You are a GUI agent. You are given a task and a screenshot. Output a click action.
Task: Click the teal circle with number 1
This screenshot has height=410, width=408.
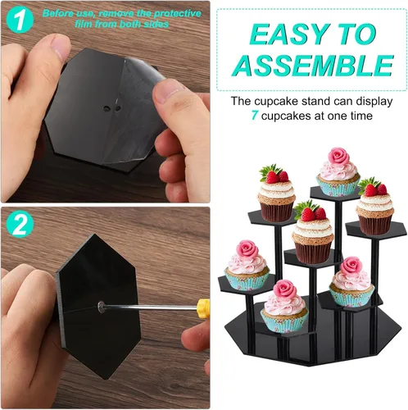point(20,20)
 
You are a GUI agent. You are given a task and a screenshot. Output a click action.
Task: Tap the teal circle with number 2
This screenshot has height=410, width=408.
point(20,224)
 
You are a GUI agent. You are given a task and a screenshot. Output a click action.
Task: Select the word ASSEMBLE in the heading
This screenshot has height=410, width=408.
point(313,66)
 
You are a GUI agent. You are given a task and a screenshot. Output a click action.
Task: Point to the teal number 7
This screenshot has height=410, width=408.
point(255,116)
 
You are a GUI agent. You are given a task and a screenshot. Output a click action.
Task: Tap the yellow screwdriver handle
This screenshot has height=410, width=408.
point(203,308)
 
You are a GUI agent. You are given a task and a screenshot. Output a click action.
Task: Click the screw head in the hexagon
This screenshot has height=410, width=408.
point(102,307)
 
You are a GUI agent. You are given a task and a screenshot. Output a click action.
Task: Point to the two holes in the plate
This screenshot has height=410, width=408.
point(112,108)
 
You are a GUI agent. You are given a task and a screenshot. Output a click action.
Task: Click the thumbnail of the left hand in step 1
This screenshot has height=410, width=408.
point(61,46)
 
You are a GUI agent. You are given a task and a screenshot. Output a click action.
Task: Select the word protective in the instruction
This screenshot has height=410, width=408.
point(177,14)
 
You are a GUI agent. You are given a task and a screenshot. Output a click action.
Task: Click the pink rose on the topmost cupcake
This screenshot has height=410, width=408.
point(339,156)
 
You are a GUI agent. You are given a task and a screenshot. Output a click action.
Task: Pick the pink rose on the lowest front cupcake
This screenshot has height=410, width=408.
point(284,289)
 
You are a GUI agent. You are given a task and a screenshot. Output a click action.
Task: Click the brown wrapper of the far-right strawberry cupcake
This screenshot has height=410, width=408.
point(374,224)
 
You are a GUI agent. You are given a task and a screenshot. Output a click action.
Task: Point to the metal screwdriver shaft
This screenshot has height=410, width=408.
point(151,307)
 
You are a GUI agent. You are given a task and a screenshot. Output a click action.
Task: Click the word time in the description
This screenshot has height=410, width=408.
point(361,116)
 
